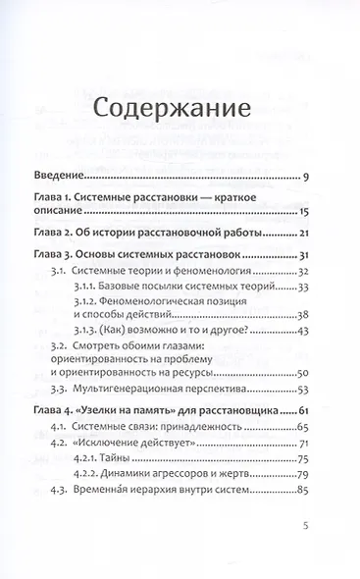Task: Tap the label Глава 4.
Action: pyautogui.click(x=54, y=429)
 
